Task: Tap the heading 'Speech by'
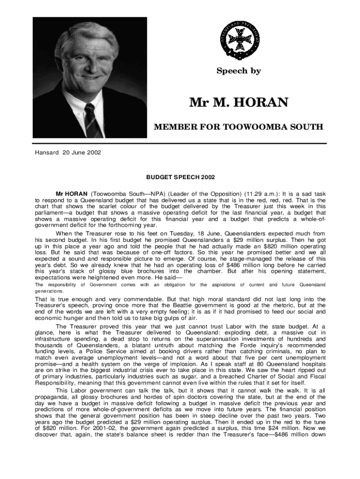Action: [x=238, y=71]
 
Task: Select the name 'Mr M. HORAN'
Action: [x=238, y=102]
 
